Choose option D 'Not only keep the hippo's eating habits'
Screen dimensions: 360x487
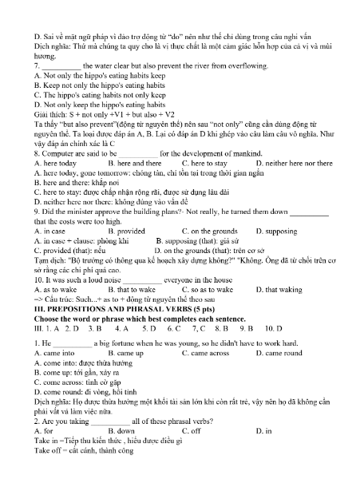89,104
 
